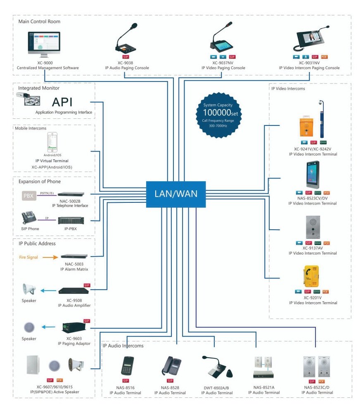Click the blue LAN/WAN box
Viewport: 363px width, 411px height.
point(176,194)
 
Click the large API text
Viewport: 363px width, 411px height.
point(68,102)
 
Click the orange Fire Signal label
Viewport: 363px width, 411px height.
point(28,257)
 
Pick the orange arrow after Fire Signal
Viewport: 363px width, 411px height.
point(50,257)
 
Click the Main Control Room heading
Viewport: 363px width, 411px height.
point(39,22)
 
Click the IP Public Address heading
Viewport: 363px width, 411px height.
point(37,244)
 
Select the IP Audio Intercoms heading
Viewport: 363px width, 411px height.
point(123,346)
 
